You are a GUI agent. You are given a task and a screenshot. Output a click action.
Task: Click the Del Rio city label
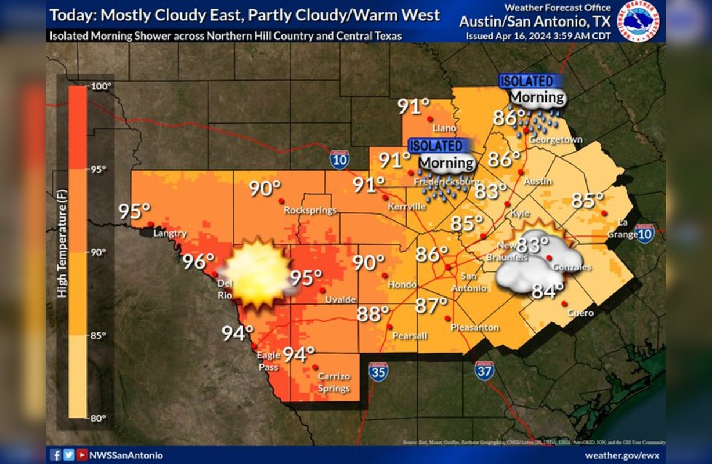click(224, 289)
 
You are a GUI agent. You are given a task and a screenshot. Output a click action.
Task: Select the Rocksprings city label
click(310, 211)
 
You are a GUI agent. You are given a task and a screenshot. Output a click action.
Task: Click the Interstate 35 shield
click(378, 372)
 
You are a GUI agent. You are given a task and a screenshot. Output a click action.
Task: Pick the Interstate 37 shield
click(484, 370)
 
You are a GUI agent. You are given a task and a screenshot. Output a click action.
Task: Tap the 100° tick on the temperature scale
click(101, 86)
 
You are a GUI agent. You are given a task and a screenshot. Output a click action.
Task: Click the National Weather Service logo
click(638, 21)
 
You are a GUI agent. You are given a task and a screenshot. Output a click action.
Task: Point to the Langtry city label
click(170, 234)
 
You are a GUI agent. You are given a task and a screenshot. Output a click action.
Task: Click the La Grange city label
click(623, 228)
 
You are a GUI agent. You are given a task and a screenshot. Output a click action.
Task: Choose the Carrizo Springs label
click(334, 382)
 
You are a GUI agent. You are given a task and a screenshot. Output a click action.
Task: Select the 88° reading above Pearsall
click(373, 314)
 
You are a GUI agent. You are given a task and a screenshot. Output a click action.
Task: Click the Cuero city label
click(581, 313)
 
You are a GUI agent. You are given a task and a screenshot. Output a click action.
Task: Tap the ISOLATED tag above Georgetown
click(527, 81)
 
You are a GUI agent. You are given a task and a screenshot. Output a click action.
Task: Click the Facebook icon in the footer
click(56, 455)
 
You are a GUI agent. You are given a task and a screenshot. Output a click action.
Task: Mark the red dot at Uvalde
click(323, 291)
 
